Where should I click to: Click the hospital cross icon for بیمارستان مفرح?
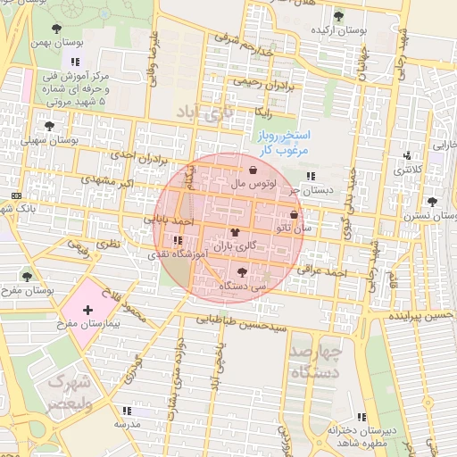point(87,310)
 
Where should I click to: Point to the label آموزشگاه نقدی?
point(180,254)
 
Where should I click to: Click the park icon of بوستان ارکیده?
point(337,16)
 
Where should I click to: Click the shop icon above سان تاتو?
point(295,214)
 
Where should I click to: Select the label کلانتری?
point(408,168)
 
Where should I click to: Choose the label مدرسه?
point(127,424)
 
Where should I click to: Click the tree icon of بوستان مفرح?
point(27,277)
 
